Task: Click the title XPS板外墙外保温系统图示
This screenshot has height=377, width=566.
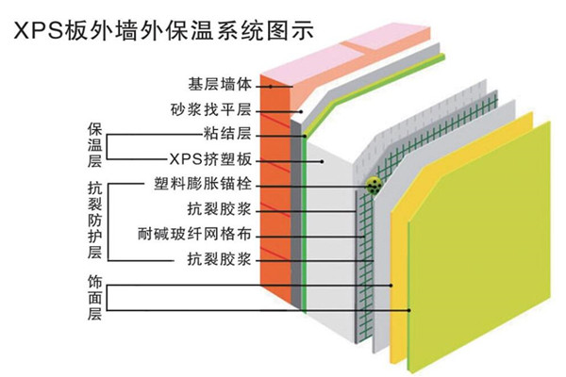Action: coord(175,29)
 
